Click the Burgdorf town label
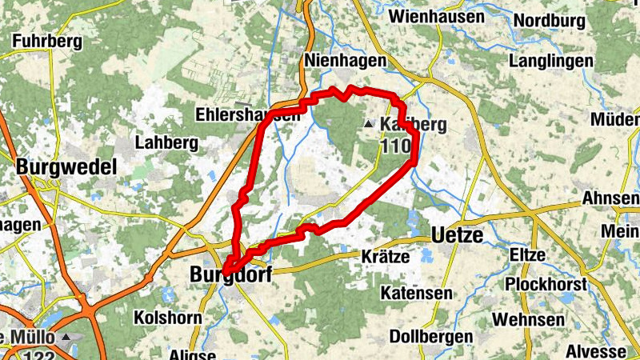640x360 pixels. pos(231,274)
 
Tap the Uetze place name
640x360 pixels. pos(459,235)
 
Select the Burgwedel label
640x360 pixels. pos(66,168)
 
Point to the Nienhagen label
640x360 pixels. pos(346,61)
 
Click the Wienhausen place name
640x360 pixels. pos(436,17)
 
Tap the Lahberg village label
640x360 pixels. pos(167,142)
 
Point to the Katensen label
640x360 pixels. pos(417,294)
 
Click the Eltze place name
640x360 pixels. pos(528,255)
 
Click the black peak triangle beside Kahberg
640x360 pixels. pos(368,124)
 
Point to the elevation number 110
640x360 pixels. pos(397,146)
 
